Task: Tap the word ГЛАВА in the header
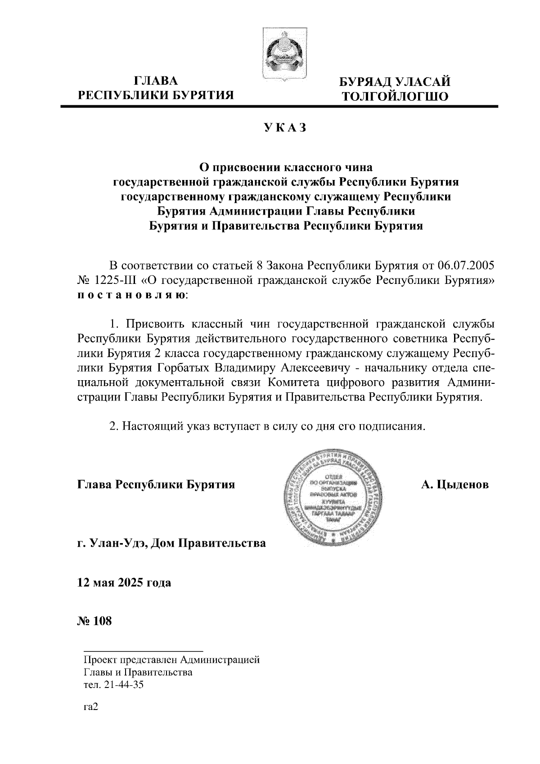[156, 81]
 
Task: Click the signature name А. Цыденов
[454, 485]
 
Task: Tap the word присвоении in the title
[246, 167]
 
